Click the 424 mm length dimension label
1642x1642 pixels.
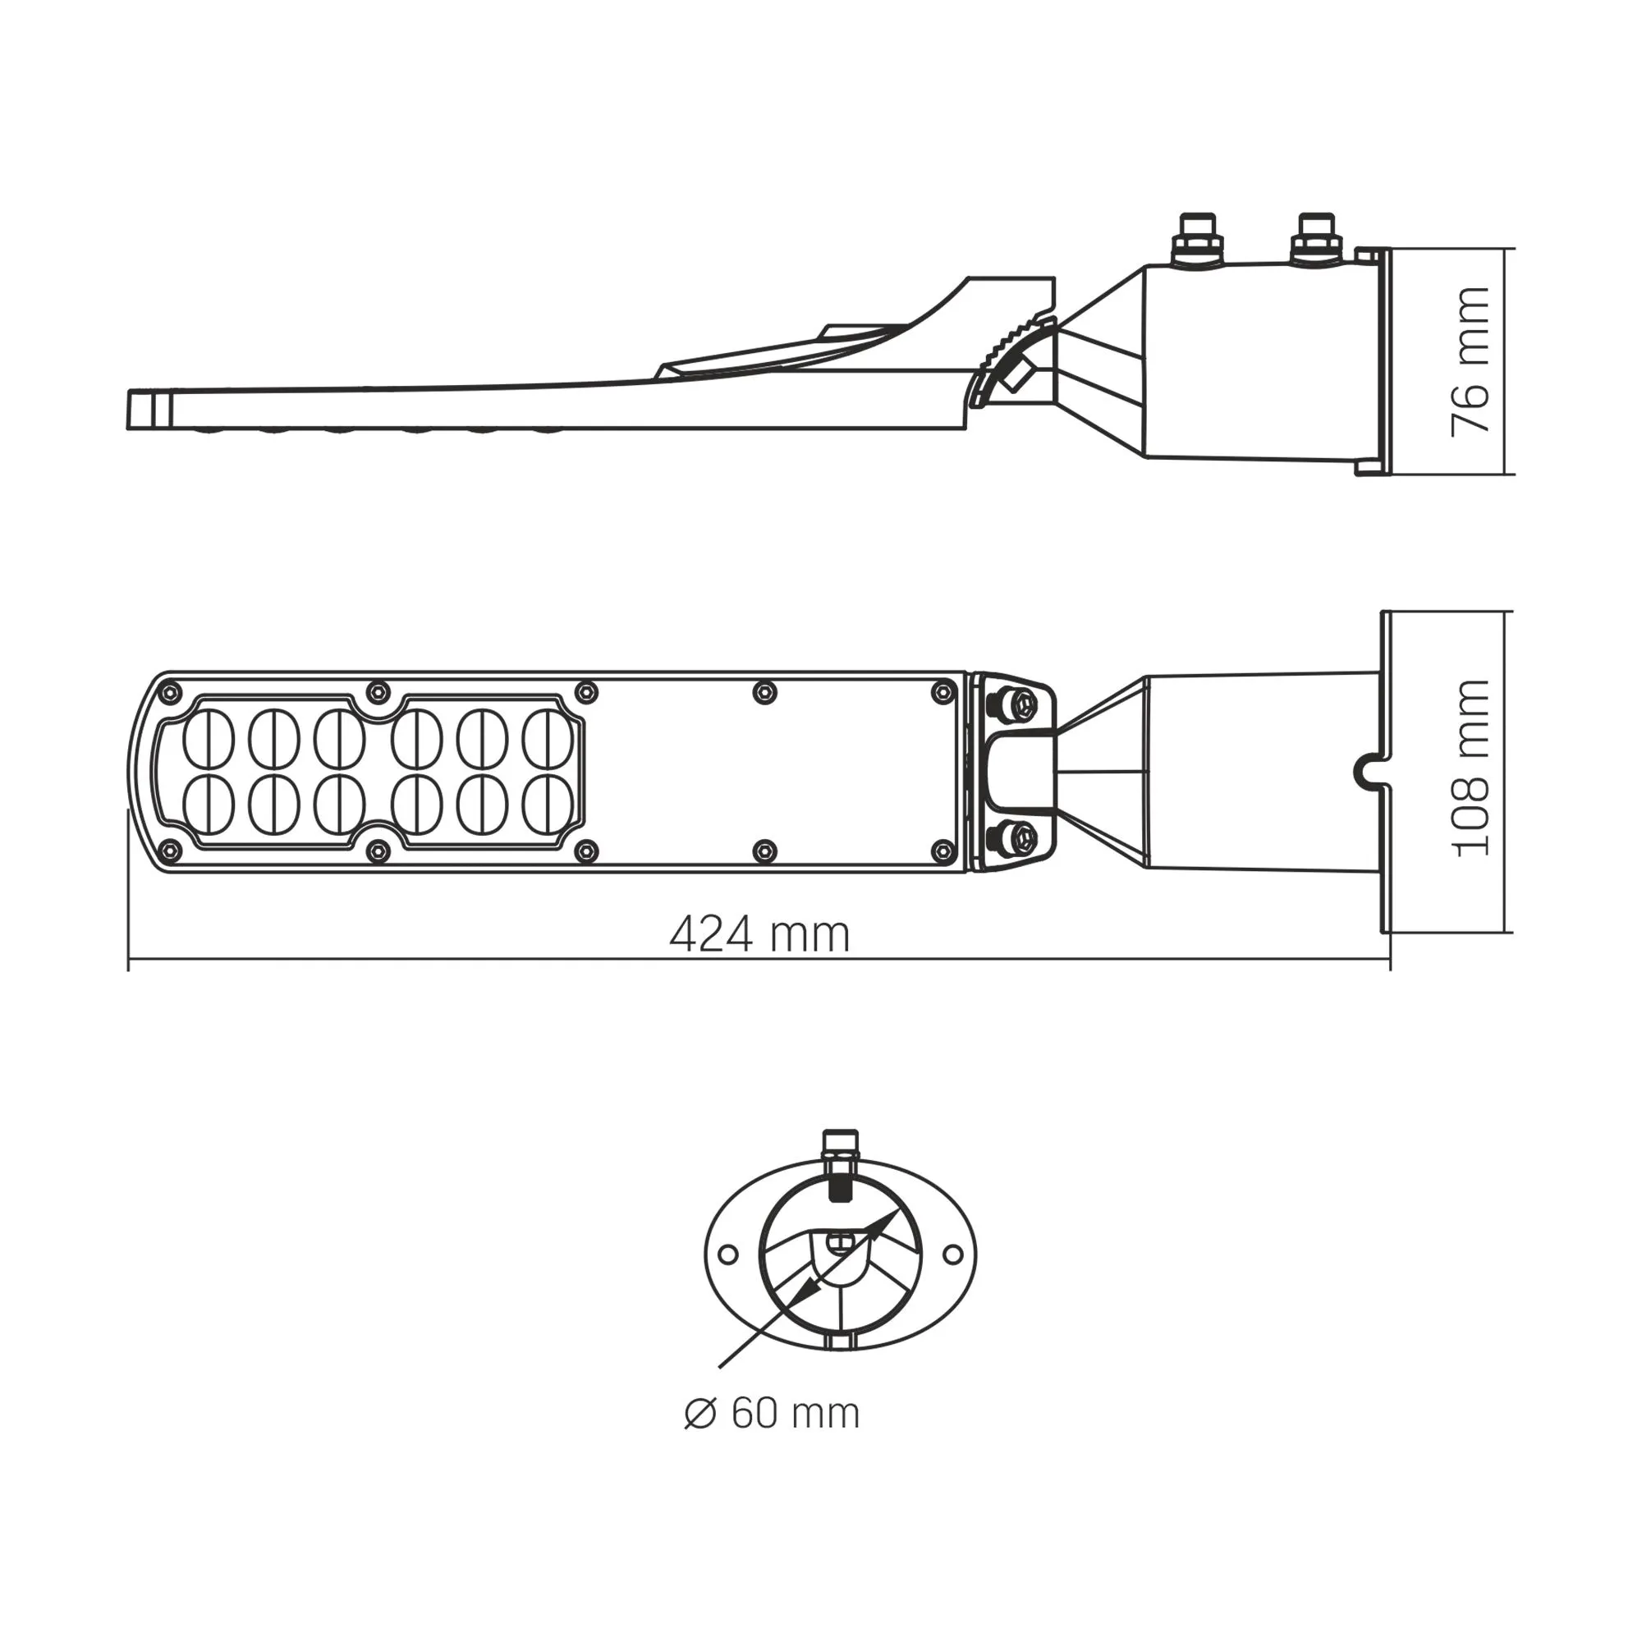(x=759, y=936)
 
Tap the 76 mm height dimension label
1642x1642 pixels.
(x=1471, y=361)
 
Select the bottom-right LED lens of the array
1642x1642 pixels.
(x=548, y=804)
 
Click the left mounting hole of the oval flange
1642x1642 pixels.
(x=727, y=1254)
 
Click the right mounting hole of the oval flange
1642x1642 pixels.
(x=953, y=1254)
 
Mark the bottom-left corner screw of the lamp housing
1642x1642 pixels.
(x=171, y=849)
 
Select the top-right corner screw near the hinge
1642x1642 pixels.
(x=943, y=692)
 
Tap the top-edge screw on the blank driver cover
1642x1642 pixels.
(x=765, y=693)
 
